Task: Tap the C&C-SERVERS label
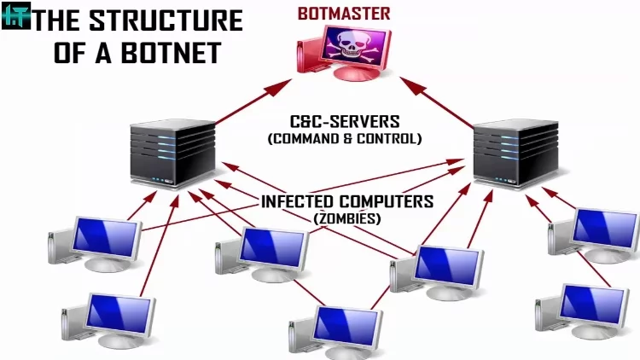344,121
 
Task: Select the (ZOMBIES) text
346,218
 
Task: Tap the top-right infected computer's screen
604,226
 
